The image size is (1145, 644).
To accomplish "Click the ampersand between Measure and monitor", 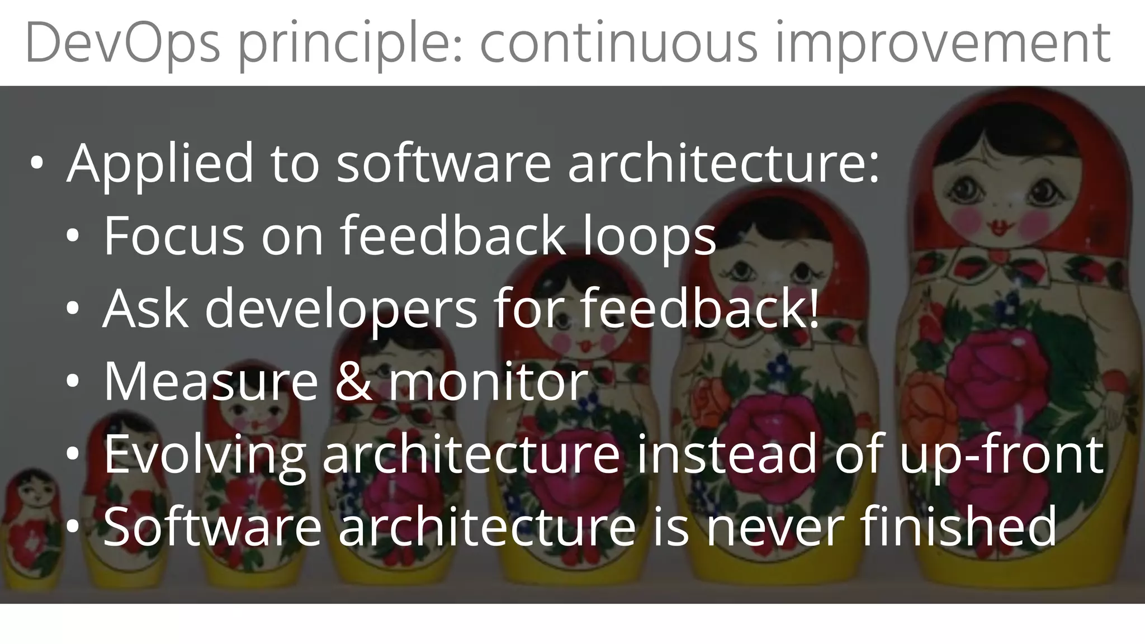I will tap(353, 381).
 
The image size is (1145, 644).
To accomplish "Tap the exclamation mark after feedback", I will tap(813, 309).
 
